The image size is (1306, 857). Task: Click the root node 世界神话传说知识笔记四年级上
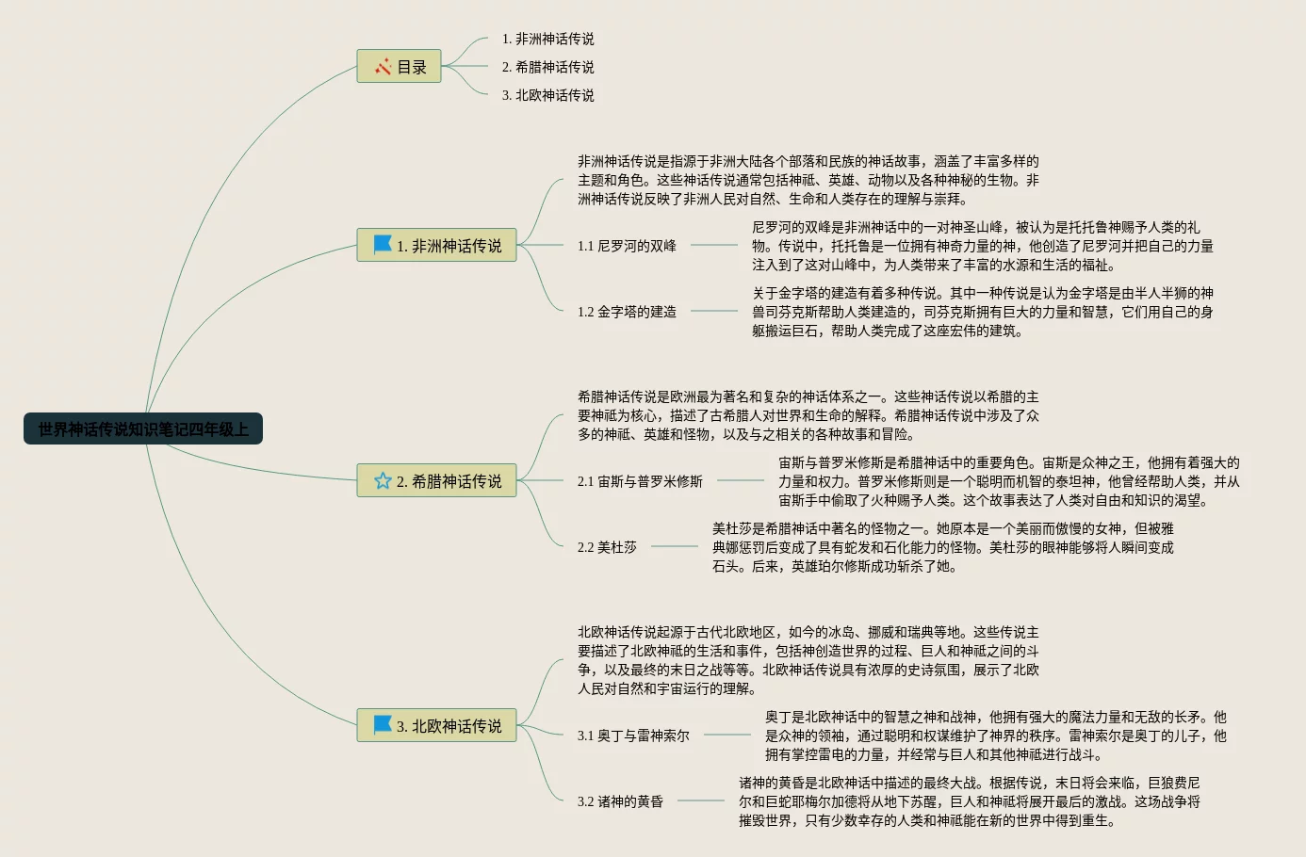pyautogui.click(x=143, y=429)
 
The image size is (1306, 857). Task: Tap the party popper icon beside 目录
pyautogui.click(x=383, y=67)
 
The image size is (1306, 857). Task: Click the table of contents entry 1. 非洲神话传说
pyautogui.click(x=547, y=39)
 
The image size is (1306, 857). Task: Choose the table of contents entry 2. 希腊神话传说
pyautogui.click(x=547, y=67)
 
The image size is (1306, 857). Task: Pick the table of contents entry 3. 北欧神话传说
pyautogui.click(x=547, y=95)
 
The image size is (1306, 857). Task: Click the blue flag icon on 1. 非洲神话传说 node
pyautogui.click(x=383, y=245)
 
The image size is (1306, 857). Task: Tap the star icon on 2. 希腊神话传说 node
pyautogui.click(x=383, y=481)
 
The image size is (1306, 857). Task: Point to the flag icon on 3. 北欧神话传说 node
pyautogui.click(x=383, y=725)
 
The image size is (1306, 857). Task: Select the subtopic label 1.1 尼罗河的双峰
pyautogui.click(x=627, y=246)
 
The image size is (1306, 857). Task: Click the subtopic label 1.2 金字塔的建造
pyautogui.click(x=627, y=312)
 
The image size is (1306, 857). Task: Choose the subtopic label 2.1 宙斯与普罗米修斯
pyautogui.click(x=640, y=481)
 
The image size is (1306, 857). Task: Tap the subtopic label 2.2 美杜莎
pyautogui.click(x=607, y=547)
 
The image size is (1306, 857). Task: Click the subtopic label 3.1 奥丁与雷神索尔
pyautogui.click(x=633, y=736)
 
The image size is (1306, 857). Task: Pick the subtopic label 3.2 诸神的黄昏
pyautogui.click(x=620, y=801)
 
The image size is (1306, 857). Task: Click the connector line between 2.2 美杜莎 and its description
pyautogui.click(x=675, y=546)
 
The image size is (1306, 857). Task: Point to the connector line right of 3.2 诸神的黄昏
pyautogui.click(x=701, y=800)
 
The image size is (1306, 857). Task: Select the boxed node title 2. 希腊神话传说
pyautogui.click(x=449, y=481)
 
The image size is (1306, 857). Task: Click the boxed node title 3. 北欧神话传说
pyautogui.click(x=449, y=726)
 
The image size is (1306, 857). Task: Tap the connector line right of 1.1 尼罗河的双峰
pyautogui.click(x=714, y=245)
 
